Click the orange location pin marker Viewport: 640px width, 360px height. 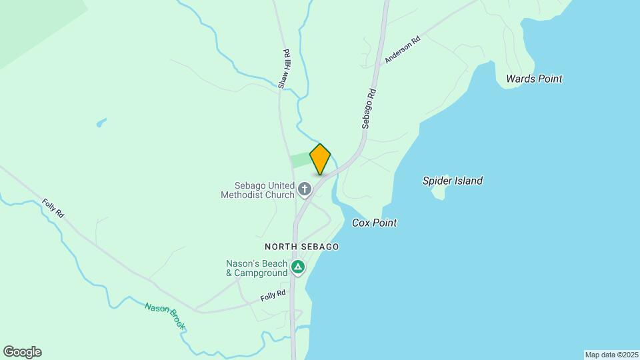coord(320,159)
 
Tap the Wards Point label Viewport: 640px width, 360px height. coord(534,79)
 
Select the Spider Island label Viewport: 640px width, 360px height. coord(453,181)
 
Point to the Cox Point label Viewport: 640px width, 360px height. coord(374,223)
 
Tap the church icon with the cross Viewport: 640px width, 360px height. coord(305,190)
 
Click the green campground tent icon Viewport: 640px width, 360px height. coord(298,268)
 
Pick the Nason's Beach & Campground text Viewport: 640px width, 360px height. coord(257,268)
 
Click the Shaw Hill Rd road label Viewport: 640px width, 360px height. coord(284,69)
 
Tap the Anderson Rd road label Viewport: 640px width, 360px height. coord(403,50)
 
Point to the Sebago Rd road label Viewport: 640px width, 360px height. coord(369,109)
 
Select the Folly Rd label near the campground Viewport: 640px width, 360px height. coord(273,295)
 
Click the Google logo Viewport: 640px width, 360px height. coord(22,352)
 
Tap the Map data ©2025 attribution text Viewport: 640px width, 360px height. coord(611,355)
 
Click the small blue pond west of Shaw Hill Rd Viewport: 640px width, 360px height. coord(101,123)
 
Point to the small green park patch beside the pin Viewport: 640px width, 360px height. coord(300,161)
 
